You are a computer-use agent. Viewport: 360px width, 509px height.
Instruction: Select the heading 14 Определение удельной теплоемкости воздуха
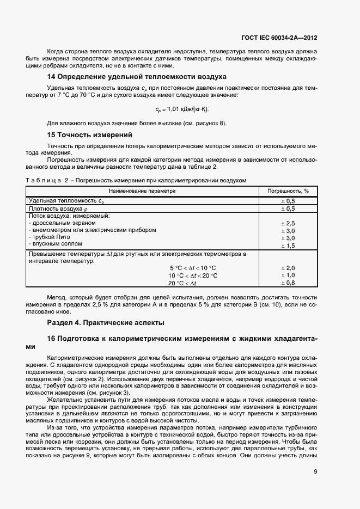136,76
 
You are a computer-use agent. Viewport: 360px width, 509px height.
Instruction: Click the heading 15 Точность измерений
90,134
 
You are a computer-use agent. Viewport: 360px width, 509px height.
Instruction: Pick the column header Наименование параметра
142,191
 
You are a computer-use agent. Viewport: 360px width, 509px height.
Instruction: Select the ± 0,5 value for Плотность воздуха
287,208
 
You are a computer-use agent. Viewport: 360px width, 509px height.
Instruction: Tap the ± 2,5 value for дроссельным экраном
287,223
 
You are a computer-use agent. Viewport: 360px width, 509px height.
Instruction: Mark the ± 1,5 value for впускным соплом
287,246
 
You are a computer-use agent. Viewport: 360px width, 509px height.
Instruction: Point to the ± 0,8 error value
287,283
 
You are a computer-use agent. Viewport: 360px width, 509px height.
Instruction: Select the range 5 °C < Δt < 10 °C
193,268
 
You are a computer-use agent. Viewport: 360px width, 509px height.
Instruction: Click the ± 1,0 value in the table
287,275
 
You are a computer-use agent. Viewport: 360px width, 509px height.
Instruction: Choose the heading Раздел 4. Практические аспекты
106,323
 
